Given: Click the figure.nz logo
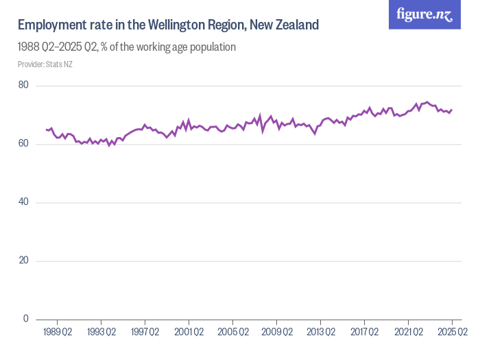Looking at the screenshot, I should pyautogui.click(x=424, y=14).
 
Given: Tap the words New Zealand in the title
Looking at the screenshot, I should pyautogui.click(x=284, y=25).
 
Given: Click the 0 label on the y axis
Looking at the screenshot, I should pyautogui.click(x=25, y=319).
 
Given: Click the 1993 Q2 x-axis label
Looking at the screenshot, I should pyautogui.click(x=101, y=333).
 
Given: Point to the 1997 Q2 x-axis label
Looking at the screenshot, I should pyautogui.click(x=145, y=333).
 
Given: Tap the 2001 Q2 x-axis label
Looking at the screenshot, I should pyautogui.click(x=189, y=333).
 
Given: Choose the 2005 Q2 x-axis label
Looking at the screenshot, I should pyautogui.click(x=232, y=333).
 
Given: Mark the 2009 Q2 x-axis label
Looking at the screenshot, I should pyautogui.click(x=276, y=333).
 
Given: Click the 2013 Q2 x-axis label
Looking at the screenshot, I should pyautogui.click(x=320, y=333).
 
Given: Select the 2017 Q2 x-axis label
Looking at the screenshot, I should pyautogui.click(x=364, y=333).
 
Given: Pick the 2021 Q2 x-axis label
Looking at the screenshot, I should pyautogui.click(x=408, y=333).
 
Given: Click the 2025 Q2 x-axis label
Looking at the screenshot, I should pyautogui.click(x=452, y=333).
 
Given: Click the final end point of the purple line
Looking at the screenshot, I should pyautogui.click(x=452, y=110).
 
